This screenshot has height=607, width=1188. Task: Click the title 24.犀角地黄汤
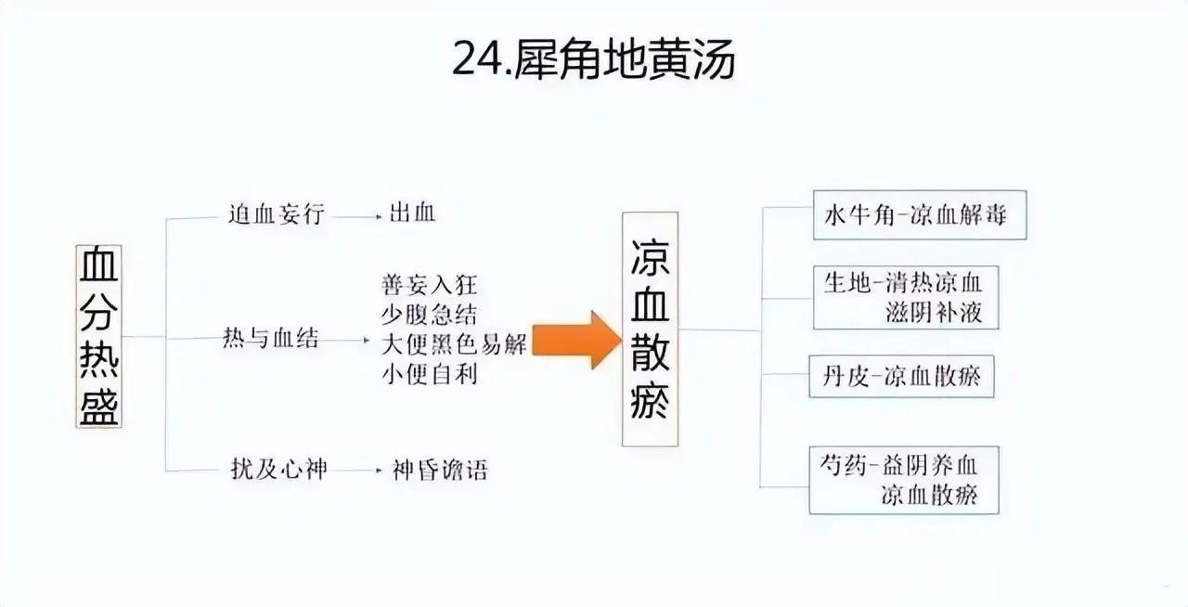[x=593, y=59]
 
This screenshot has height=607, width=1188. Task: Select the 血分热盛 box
[x=98, y=336]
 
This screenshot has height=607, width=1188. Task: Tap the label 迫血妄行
[x=276, y=214]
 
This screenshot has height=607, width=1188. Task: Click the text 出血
[x=412, y=213]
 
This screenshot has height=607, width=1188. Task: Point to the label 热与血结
[x=270, y=338]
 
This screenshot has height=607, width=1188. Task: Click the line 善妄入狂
[x=429, y=285]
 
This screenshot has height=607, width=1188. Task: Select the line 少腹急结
[x=429, y=315]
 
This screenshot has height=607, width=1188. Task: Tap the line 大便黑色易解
[x=454, y=345]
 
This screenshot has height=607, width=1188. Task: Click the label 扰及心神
[x=279, y=469]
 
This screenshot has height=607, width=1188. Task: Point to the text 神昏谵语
[x=440, y=471]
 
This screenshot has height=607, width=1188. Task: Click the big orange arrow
[x=577, y=340]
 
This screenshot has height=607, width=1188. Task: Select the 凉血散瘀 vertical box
[x=650, y=329]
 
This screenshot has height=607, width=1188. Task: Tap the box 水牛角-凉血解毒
[x=920, y=215]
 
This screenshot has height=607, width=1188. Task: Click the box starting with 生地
[x=906, y=298]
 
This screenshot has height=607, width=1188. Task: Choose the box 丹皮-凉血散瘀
[x=901, y=376]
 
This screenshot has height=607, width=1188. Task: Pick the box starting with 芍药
[x=904, y=480]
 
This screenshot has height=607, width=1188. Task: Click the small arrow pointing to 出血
[x=355, y=216]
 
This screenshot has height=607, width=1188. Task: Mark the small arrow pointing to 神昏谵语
[x=355, y=471]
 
